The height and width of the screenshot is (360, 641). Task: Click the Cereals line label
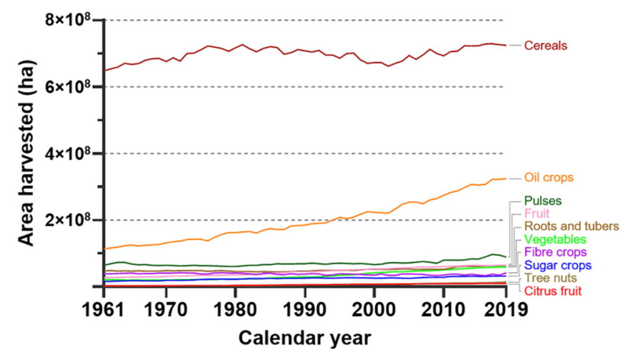[546, 46]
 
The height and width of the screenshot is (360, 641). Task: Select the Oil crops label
[548, 178]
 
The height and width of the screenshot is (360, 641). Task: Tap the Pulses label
[543, 201]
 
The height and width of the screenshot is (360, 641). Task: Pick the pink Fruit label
[537, 213]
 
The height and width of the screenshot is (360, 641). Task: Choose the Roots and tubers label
[572, 226]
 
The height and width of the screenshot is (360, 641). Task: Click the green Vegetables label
[555, 239]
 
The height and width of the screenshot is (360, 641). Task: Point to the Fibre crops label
[555, 252]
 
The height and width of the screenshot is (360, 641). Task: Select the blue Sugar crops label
[558, 265]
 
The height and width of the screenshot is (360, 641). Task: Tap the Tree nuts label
[551, 278]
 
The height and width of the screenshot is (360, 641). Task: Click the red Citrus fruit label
[553, 291]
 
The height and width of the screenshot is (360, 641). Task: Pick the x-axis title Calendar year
[304, 338]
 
